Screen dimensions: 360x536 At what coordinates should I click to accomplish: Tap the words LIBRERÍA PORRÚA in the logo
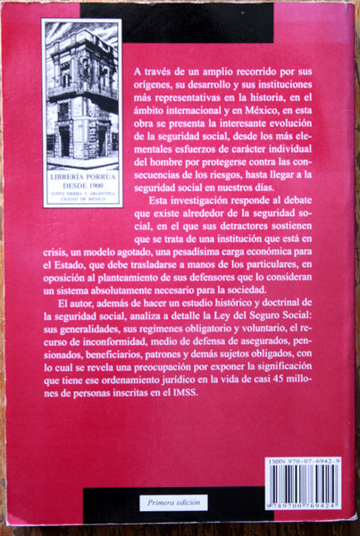tap(81, 180)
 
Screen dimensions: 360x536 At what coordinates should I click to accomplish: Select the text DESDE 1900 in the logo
tap(81, 188)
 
